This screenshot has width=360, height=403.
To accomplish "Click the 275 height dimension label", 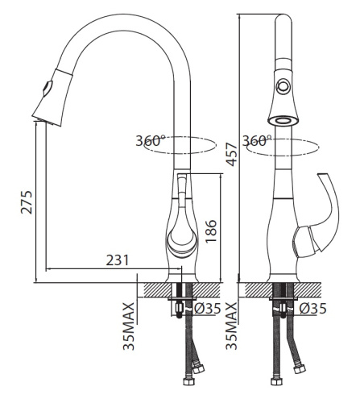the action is click(27, 202).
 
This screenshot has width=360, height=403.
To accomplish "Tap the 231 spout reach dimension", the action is click(118, 260).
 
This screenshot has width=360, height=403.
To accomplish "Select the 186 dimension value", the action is click(211, 231).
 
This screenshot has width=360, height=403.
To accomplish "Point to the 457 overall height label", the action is click(231, 155).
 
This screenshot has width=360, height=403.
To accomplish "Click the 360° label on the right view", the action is click(257, 140).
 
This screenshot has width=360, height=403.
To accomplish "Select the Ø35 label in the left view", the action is click(207, 309).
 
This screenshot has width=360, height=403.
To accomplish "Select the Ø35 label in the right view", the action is click(313, 309).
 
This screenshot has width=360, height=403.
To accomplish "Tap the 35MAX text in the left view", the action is click(128, 326).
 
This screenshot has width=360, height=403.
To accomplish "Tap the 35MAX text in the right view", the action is click(231, 326).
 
